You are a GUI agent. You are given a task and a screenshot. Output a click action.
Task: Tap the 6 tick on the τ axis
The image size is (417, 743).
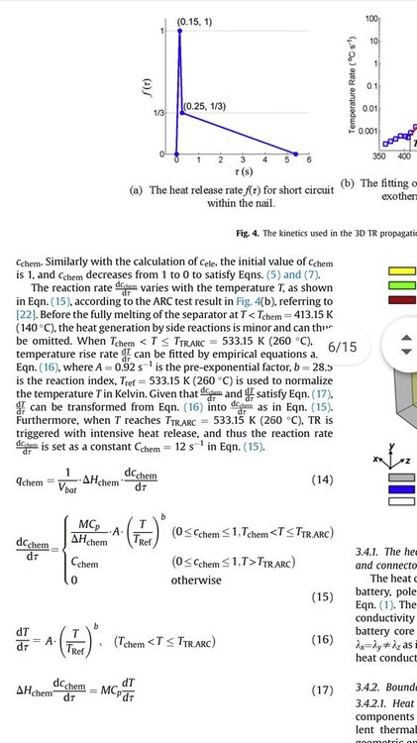pyautogui.click(x=309, y=159)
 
